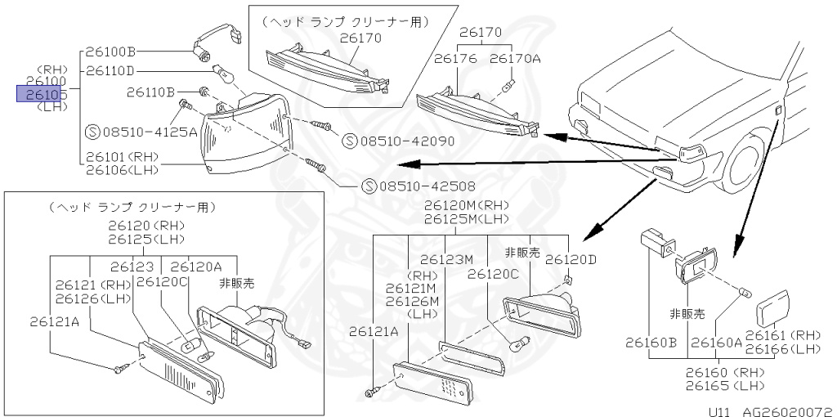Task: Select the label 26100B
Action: pyautogui.click(x=111, y=52)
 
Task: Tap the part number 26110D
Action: pyautogui.click(x=111, y=71)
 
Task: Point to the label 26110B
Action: pyautogui.click(x=151, y=92)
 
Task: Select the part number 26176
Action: pyautogui.click(x=455, y=59)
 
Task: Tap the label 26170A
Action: pyautogui.click(x=515, y=59)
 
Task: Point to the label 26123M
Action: pyautogui.click(x=448, y=260)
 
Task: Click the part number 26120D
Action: pyautogui.click(x=571, y=260)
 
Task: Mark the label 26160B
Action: pyautogui.click(x=651, y=343)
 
